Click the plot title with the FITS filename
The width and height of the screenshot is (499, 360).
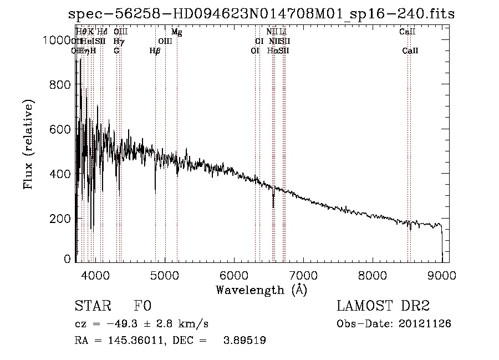click(x=261, y=14)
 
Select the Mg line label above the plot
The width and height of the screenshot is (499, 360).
click(x=177, y=32)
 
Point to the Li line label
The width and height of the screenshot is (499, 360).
click(x=283, y=32)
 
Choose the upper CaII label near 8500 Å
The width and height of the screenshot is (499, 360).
click(x=408, y=32)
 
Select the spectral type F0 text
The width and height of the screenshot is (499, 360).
click(x=142, y=307)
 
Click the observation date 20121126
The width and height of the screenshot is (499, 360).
click(x=424, y=323)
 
